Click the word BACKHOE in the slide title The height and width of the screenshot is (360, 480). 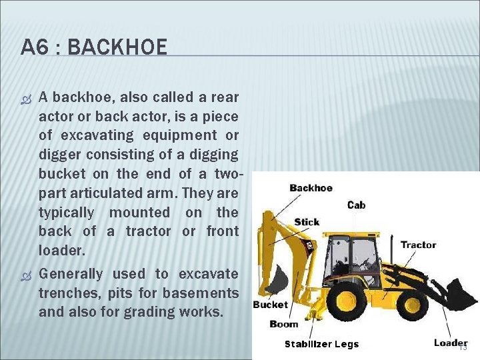click(x=117, y=47)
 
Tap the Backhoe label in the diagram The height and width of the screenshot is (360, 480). click(x=311, y=188)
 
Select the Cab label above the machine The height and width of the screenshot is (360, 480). click(x=356, y=205)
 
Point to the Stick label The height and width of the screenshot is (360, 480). click(x=307, y=222)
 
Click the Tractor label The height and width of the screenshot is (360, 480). click(x=418, y=245)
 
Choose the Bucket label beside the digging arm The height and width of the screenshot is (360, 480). click(x=270, y=305)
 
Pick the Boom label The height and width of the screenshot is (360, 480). click(x=284, y=324)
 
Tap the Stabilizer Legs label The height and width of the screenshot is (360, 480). click(x=321, y=344)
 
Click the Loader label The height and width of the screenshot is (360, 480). click(x=451, y=343)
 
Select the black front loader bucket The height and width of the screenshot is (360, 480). click(x=460, y=293)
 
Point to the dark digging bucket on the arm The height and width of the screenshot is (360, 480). click(x=277, y=279)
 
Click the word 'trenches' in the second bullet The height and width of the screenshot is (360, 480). click(x=66, y=293)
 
